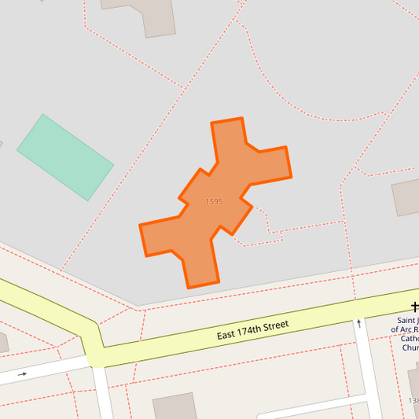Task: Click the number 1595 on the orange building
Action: [214, 202]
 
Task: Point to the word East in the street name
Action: [226, 336]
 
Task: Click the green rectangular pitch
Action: [65, 157]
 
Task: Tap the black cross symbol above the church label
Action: [414, 307]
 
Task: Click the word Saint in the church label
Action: [407, 321]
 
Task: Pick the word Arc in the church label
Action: [410, 330]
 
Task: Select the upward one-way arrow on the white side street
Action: [359, 322]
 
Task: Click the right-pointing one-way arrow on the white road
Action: [21, 374]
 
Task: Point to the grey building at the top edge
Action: [149, 14]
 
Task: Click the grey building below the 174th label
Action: [175, 407]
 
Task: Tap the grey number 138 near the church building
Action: [413, 401]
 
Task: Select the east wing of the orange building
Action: [267, 164]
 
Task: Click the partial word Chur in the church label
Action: [410, 347]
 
